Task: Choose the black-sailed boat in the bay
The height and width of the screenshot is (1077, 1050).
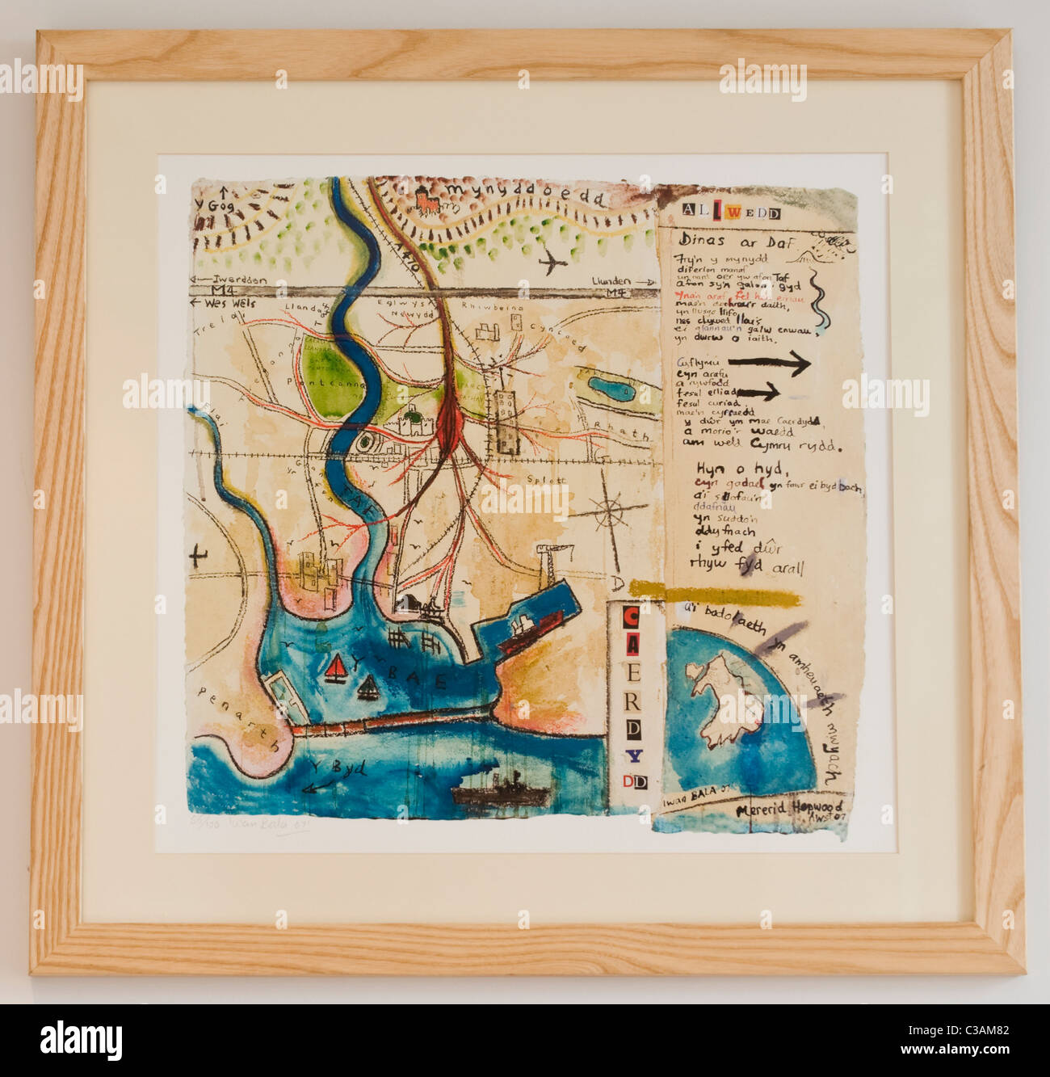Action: click(368, 688)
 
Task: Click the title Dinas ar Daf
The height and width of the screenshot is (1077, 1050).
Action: click(738, 239)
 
